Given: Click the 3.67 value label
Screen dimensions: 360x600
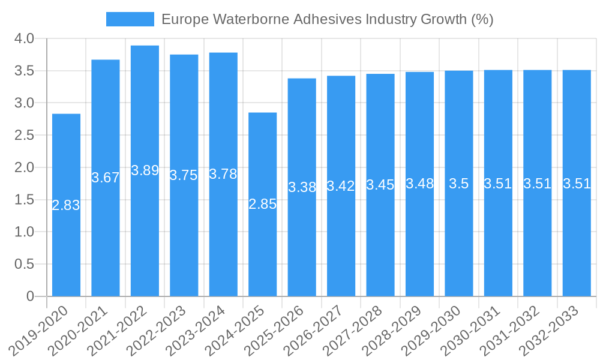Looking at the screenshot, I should [106, 178].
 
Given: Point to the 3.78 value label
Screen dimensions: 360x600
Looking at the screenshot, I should [223, 174].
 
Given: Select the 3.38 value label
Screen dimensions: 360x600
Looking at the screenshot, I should [302, 187].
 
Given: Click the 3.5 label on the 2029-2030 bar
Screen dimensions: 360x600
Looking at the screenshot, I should [459, 184].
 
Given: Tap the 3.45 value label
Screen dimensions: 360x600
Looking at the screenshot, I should [380, 185].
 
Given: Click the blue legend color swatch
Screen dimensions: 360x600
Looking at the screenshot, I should [130, 19].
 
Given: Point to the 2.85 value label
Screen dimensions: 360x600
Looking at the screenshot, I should [263, 204].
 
